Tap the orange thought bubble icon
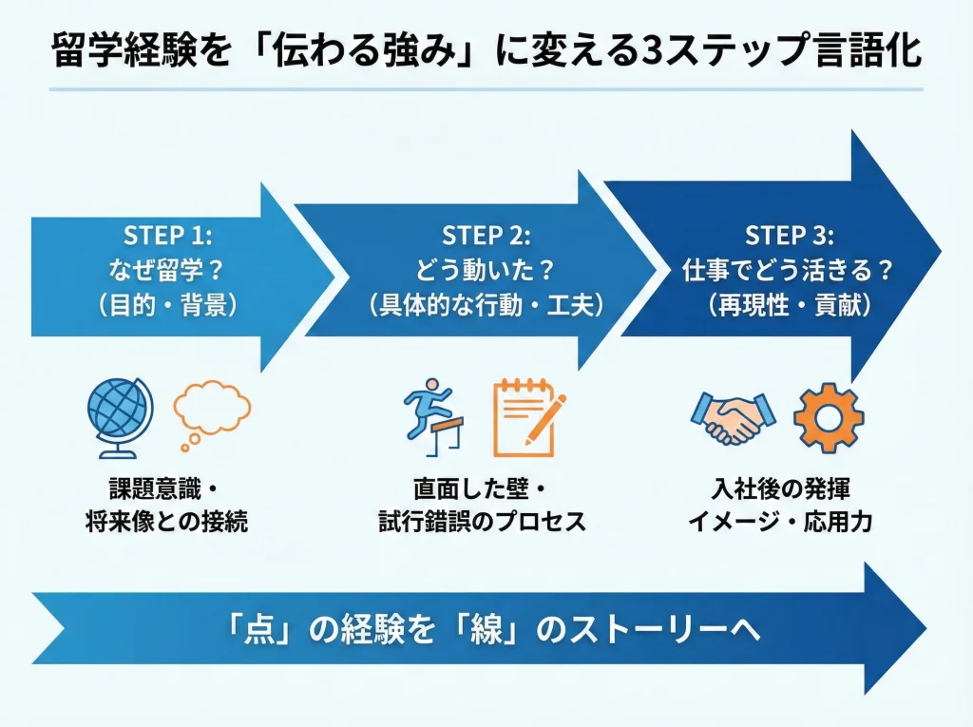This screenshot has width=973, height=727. point(211,411)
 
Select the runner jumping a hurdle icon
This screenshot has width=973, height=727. point(432,415)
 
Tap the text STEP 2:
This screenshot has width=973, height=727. point(486,235)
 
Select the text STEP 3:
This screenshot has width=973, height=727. point(788,235)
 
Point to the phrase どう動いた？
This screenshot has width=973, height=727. point(486,271)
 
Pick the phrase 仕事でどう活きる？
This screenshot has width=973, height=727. point(788,271)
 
